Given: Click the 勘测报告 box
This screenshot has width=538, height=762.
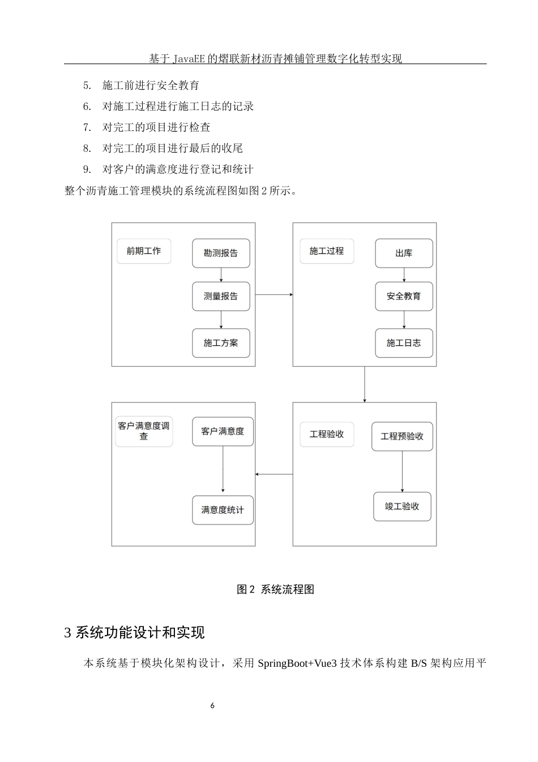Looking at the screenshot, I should pos(221,253).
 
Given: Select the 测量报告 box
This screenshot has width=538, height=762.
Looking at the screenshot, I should pos(221,296).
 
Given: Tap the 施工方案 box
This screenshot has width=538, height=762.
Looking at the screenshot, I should pos(221,343).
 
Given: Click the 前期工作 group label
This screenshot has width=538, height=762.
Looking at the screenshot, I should pos(144,251).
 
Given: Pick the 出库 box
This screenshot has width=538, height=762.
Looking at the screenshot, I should pos(404,253).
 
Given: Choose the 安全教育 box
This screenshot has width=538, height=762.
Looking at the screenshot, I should pos(404,296).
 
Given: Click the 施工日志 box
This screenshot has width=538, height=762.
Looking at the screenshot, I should pos(404,343).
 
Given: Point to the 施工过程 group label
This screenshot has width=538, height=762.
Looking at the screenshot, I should pos(327,251).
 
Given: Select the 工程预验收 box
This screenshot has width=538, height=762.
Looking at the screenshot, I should pos(402,436).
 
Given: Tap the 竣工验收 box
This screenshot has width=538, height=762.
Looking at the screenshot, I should pos(402,506).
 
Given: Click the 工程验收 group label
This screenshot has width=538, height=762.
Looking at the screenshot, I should pos(327,434).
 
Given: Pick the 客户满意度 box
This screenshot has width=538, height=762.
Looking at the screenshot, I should pos(223,431).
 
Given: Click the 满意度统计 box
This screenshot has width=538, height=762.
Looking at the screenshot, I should pos(223,510).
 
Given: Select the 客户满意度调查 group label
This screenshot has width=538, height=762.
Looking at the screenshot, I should pos(144,431).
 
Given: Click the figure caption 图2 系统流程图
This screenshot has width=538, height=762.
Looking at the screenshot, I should pos(275,589).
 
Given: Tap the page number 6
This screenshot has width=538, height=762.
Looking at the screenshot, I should pos(212,706).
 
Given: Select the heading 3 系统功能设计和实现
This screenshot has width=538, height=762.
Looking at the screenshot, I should pos(135,632).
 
